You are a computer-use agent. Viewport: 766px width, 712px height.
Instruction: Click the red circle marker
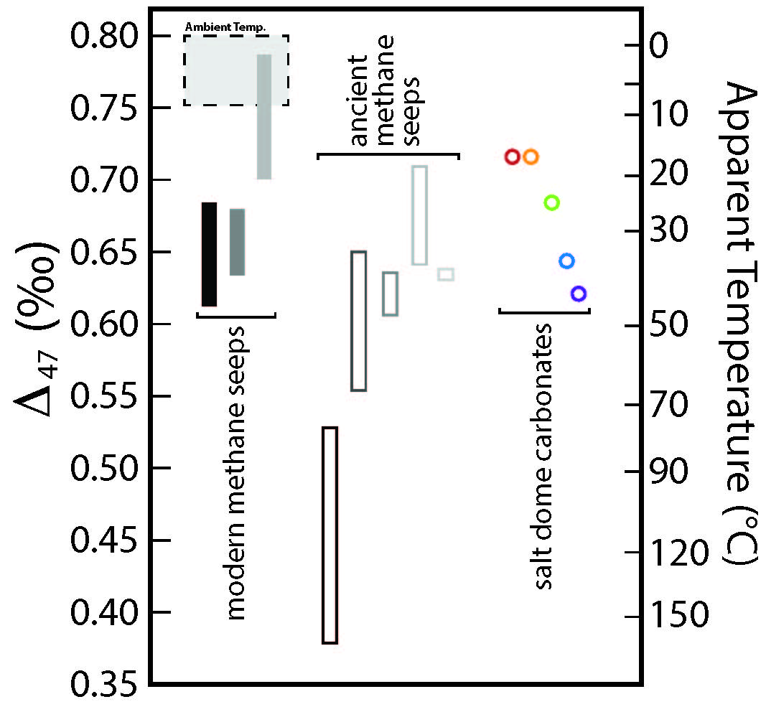pyautogui.click(x=512, y=156)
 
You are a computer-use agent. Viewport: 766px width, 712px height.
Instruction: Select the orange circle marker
pyautogui.click(x=531, y=156)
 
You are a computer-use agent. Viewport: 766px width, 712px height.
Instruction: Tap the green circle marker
pyautogui.click(x=551, y=202)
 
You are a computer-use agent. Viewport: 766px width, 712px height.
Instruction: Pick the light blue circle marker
pyautogui.click(x=566, y=261)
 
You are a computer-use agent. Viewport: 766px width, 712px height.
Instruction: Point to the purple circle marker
pyautogui.click(x=579, y=293)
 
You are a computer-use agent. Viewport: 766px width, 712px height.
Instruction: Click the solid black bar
pyautogui.click(x=209, y=254)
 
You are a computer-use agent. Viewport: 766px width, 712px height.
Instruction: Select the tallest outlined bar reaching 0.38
pyautogui.click(x=330, y=535)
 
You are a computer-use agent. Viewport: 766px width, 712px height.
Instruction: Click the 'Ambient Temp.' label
pyautogui.click(x=225, y=27)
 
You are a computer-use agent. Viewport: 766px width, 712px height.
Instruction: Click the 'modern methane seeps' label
pyautogui.click(x=236, y=472)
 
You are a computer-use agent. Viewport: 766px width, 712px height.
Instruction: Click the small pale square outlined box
pyautogui.click(x=446, y=274)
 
